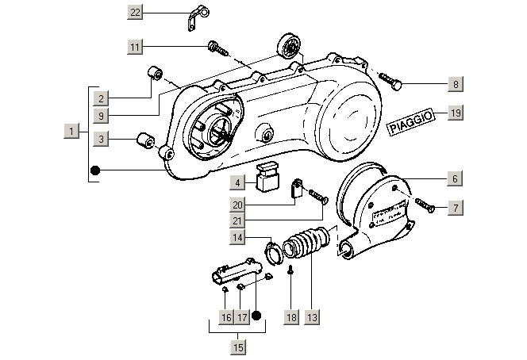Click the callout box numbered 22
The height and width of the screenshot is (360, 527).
pyautogui.click(x=135, y=11)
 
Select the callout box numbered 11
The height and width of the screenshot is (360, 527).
pyautogui.click(x=135, y=47)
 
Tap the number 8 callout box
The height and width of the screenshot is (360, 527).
pyautogui.click(x=455, y=83)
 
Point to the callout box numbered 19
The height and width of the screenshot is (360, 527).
pyautogui.click(x=455, y=113)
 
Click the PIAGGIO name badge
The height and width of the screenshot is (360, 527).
pyautogui.click(x=410, y=124)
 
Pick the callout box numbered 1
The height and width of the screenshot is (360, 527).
pyautogui.click(x=72, y=130)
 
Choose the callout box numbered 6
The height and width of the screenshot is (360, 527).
pyautogui.click(x=455, y=179)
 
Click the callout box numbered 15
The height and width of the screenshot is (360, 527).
pyautogui.click(x=238, y=347)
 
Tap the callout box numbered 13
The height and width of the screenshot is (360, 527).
pyautogui.click(x=312, y=317)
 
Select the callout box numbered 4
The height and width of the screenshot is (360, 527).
pyautogui.click(x=237, y=183)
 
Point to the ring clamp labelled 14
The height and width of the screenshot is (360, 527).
pyautogui.click(x=274, y=252)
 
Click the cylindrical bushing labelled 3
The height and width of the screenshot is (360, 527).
pyautogui.click(x=145, y=143)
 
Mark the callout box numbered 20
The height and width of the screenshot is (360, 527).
pyautogui.click(x=237, y=205)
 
